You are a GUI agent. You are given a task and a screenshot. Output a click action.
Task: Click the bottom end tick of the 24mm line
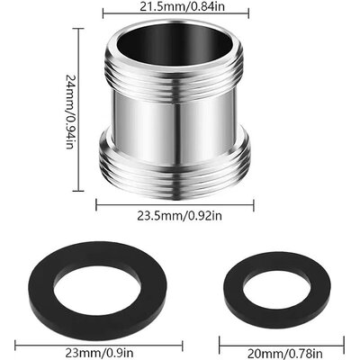[x=74, y=191]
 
